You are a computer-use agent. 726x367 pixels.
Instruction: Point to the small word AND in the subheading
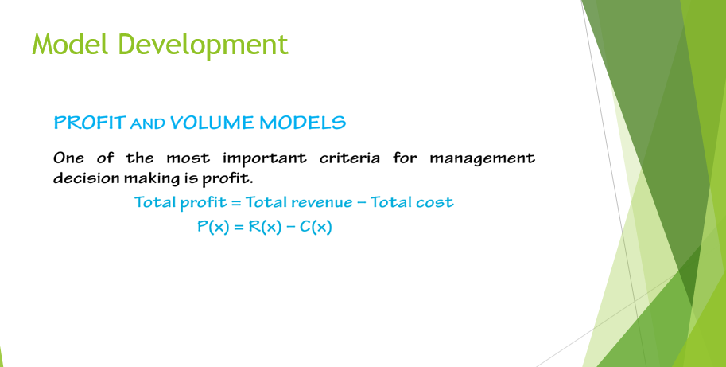pos(149,124)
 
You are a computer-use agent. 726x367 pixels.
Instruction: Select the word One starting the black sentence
pos(68,158)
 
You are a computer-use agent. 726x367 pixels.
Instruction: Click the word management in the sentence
pos(482,158)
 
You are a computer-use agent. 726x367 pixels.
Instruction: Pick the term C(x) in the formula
pos(316,227)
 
